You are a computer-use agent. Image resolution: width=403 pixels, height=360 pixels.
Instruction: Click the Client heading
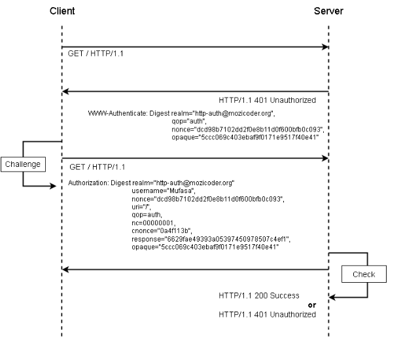[62, 11]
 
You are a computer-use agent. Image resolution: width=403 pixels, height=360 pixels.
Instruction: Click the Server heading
[328, 11]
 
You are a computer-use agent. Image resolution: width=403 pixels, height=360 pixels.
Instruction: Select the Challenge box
[23, 164]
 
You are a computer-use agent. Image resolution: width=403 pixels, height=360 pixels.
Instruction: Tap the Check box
[364, 274]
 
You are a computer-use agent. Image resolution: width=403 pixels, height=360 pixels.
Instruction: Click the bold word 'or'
[312, 305]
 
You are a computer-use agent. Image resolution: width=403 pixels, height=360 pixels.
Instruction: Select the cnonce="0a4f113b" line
[152, 231]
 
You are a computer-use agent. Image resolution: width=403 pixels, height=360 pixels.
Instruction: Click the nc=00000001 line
[145, 223]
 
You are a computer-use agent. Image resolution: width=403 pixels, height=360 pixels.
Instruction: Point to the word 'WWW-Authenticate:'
[118, 113]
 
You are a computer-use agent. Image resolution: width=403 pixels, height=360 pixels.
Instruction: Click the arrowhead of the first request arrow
[324, 47]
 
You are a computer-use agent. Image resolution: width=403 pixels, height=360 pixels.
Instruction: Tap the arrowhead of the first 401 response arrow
[66, 92]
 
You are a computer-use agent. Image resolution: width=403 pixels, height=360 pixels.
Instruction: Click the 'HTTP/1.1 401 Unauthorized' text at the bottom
[267, 315]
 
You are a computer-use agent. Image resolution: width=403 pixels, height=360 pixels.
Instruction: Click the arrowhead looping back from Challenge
[57, 186]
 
